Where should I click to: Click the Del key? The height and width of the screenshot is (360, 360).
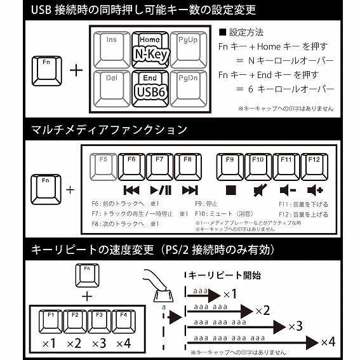coord(112,88)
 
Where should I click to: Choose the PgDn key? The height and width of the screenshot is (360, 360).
coord(188,88)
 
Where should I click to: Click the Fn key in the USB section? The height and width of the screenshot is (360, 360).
coord(46,69)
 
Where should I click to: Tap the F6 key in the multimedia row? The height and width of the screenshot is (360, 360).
coord(131,166)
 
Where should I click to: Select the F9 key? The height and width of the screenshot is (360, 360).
coord(230,166)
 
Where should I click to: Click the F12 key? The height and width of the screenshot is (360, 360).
coord(314,166)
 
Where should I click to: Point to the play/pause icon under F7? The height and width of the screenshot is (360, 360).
coord(160,190)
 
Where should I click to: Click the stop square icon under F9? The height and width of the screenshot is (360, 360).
coord(230,190)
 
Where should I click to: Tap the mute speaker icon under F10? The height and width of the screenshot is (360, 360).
coord(258,190)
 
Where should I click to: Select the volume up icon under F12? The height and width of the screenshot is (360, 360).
coord(314,190)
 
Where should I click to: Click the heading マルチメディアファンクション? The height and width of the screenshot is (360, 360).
coord(109,130)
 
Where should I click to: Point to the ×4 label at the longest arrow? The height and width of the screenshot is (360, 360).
coord(328,342)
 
